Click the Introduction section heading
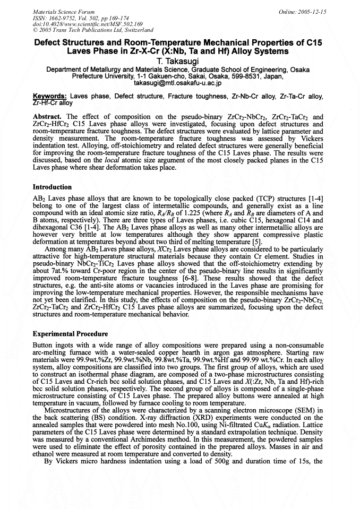52,187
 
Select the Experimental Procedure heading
71,334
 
